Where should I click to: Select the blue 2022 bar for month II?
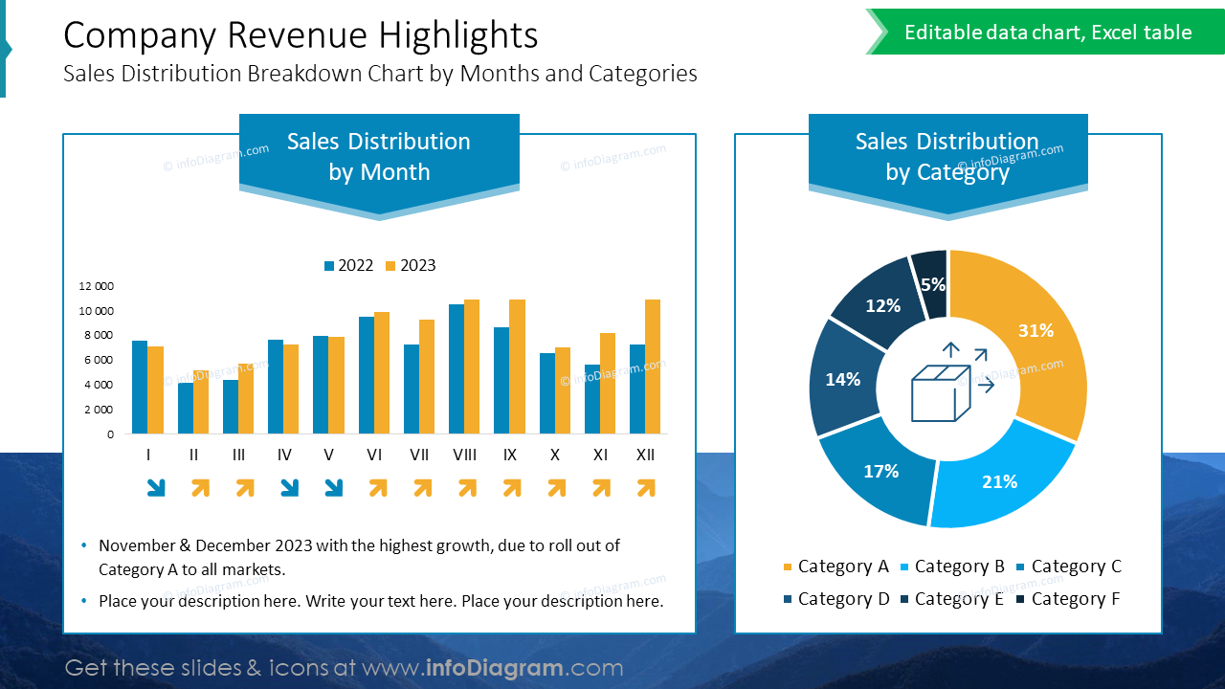pos(186,409)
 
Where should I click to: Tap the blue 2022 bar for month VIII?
pos(457,369)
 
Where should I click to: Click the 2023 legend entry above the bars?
pos(411,265)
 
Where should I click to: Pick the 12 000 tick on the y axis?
pos(96,286)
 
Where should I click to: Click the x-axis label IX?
pos(510,456)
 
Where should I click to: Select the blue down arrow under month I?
pos(155,488)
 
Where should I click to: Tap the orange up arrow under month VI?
pos(377,488)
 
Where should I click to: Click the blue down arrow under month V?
pos(333,488)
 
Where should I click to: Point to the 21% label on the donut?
pos(999,481)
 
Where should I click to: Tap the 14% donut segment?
pos(843,379)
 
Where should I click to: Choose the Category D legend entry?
pos(835,599)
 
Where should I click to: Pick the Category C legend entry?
pos(1069,567)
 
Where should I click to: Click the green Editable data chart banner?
pos(1048,33)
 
